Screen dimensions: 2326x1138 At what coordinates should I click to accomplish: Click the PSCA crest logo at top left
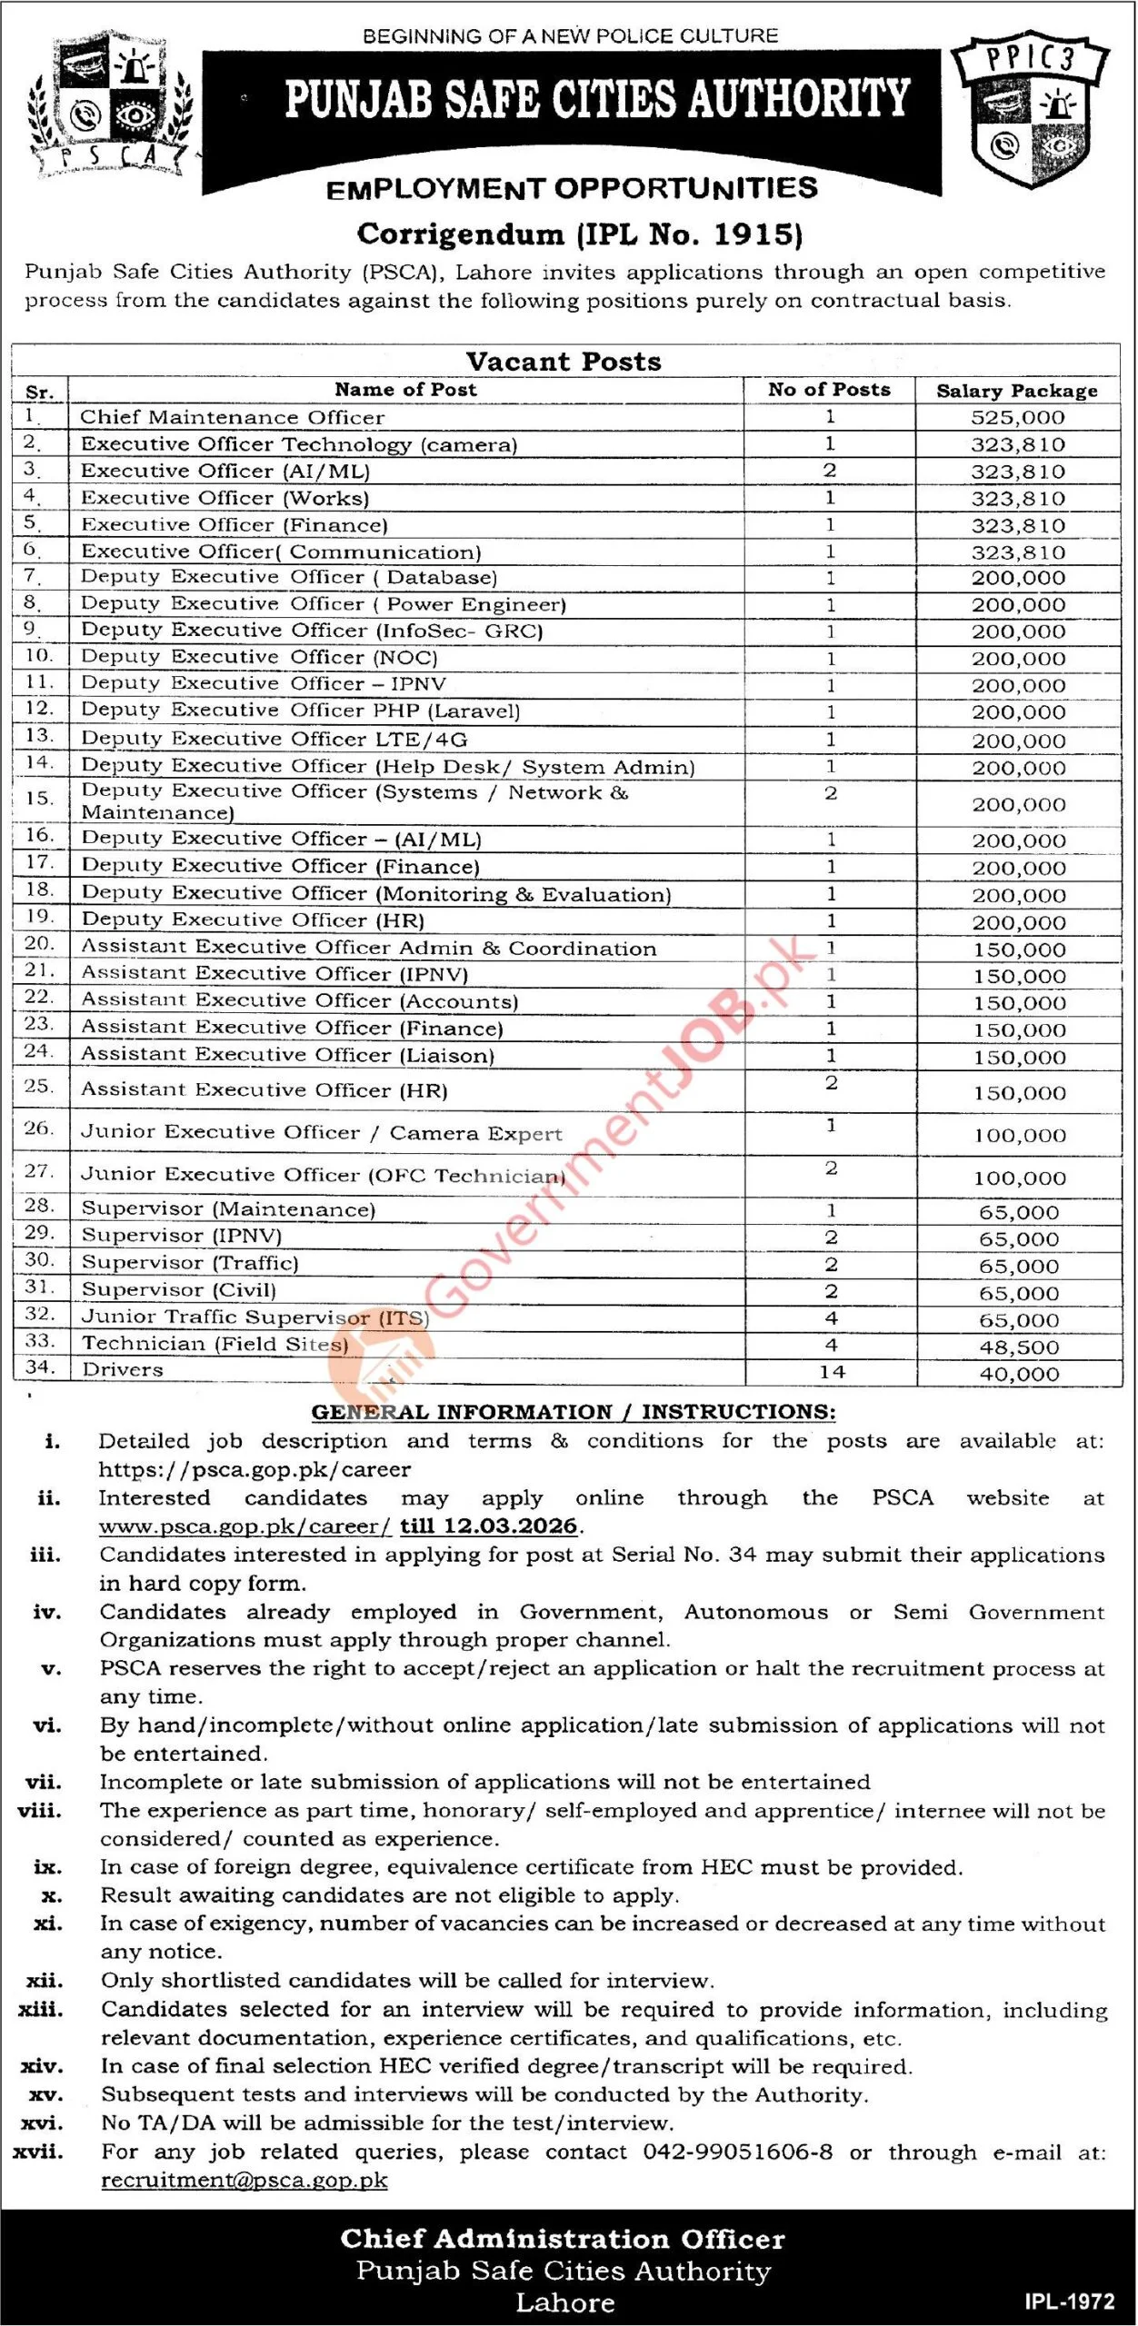point(112,104)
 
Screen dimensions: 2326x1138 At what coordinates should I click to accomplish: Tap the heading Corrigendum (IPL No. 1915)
point(580,234)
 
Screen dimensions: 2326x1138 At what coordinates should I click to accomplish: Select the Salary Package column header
point(1017,391)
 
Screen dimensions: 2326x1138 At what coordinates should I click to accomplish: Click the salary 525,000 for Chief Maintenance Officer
point(1017,418)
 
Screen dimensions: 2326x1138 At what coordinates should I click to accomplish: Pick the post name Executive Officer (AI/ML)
point(225,472)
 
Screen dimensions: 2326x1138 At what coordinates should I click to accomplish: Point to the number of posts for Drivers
point(832,1372)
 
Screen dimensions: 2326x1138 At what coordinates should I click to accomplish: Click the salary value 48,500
point(1019,1347)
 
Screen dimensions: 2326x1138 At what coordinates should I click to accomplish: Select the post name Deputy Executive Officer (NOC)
point(259,657)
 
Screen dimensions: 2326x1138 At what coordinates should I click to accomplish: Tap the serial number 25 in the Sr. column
point(39,1087)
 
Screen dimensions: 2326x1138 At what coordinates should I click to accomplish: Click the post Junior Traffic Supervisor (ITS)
point(255,1317)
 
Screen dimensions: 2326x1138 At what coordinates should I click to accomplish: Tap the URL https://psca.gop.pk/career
point(255,1469)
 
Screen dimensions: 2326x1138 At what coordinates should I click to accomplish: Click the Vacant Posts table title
point(564,362)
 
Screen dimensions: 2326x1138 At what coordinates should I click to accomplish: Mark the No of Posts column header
point(829,390)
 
